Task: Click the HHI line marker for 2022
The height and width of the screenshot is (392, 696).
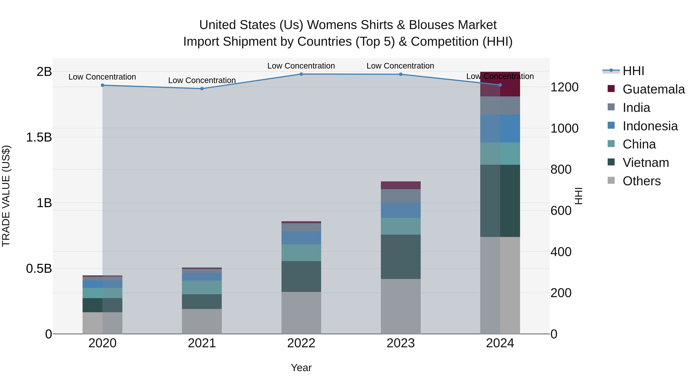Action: pos(301,74)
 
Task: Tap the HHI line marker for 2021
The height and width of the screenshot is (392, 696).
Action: pos(202,89)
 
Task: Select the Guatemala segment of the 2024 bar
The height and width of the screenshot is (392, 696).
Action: pos(500,84)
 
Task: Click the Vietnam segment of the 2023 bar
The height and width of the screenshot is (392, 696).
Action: pos(401,256)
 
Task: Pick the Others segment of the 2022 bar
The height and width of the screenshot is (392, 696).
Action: pos(301,313)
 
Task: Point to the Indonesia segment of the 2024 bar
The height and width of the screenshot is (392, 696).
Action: pos(500,129)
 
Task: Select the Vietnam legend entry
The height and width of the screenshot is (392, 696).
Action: pos(646,163)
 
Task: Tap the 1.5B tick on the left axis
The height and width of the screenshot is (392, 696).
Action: pos(39,137)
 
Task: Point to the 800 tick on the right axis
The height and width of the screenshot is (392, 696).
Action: pos(561,170)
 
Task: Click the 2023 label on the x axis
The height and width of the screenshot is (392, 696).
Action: pos(401,343)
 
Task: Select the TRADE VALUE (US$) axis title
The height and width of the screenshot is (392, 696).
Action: pos(6,196)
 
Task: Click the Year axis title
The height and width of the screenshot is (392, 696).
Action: pos(301,368)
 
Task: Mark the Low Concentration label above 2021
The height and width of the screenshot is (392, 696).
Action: pos(202,80)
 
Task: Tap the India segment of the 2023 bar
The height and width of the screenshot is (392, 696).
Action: pos(401,196)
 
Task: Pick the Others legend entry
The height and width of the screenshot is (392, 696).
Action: pos(641,181)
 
